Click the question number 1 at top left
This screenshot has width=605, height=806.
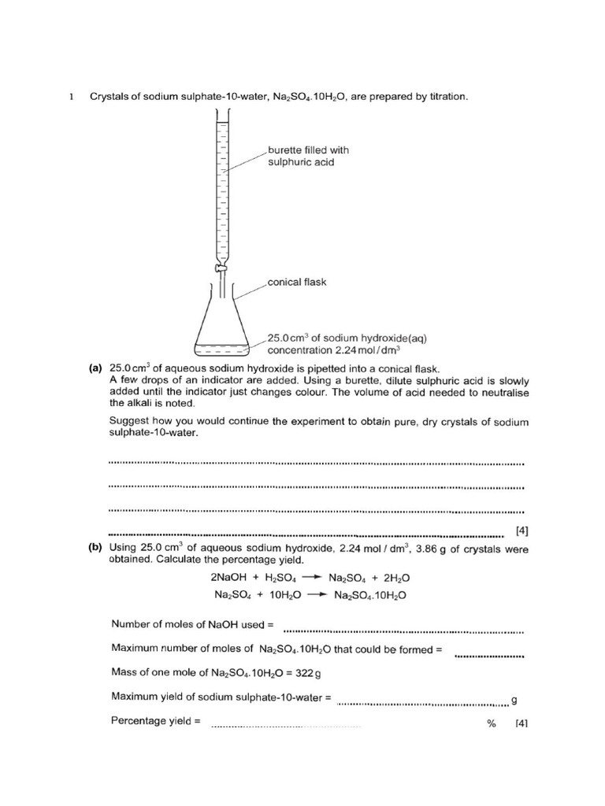tap(70, 97)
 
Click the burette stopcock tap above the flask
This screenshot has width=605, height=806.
tap(222, 270)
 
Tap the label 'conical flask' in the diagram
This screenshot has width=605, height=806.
tap(297, 282)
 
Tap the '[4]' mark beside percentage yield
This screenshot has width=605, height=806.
tap(521, 723)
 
